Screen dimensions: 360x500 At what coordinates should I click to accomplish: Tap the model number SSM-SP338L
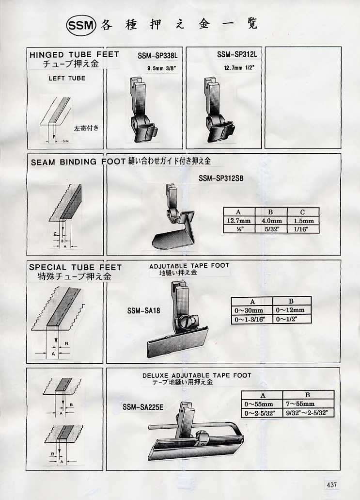(157, 56)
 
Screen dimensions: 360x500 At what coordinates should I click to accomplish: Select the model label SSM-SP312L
(237, 54)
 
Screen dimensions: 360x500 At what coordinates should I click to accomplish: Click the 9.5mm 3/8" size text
(161, 68)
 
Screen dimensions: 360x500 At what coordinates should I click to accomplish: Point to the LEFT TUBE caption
(67, 78)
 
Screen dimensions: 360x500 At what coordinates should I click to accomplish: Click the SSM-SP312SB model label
(221, 178)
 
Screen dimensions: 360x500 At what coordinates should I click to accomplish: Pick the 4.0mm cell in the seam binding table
(271, 220)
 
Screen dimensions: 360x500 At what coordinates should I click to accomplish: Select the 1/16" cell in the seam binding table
(303, 229)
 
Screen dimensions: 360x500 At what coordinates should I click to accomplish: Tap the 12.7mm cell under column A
(238, 220)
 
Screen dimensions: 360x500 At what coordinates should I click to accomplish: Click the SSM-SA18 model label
(144, 310)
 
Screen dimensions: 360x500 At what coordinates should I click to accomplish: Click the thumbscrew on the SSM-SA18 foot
(186, 320)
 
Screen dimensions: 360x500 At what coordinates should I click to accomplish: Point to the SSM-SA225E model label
(143, 407)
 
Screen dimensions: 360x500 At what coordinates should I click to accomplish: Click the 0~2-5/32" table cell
(259, 413)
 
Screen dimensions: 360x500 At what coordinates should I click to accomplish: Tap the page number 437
(331, 484)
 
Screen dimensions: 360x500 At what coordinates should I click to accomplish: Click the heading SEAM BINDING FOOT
(78, 162)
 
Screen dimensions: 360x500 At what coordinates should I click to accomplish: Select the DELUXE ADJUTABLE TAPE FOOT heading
(197, 375)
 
